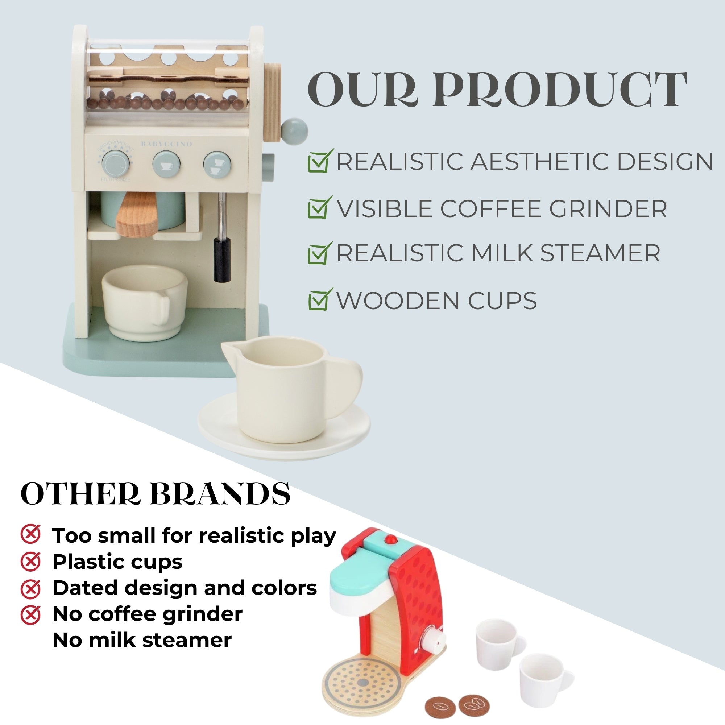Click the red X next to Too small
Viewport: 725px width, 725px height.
tap(30, 534)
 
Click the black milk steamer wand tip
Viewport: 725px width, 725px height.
tap(222, 260)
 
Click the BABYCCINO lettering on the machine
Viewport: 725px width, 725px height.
tap(166, 144)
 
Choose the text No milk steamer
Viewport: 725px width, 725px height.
tap(142, 640)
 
